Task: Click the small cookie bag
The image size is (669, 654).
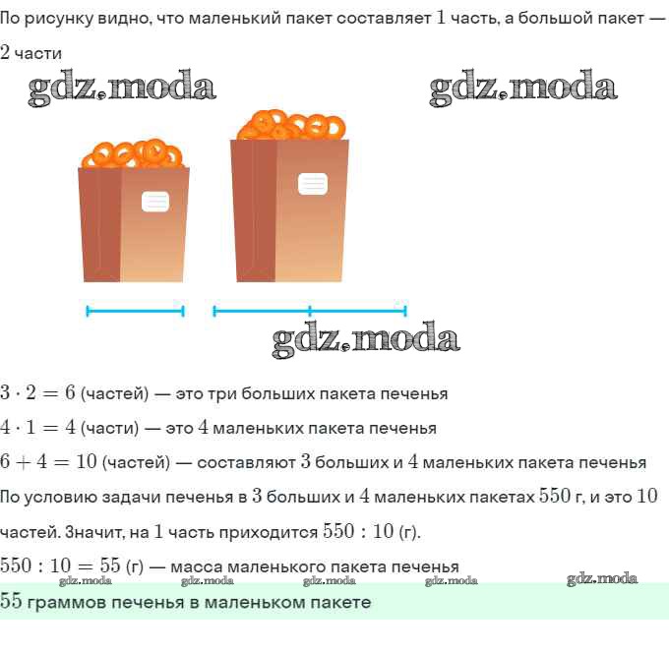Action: point(133,224)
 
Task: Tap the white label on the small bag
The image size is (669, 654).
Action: point(155,202)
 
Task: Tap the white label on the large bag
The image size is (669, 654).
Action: point(313,183)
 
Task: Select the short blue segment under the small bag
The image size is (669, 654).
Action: point(136,312)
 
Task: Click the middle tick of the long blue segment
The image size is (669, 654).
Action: point(310,312)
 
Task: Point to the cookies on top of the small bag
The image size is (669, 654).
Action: point(133,154)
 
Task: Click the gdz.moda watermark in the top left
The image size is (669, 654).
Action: point(122,89)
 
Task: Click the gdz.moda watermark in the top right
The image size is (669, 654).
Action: point(523,89)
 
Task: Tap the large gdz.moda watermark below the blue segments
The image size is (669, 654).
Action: point(366,340)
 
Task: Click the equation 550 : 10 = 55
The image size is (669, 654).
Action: point(59,566)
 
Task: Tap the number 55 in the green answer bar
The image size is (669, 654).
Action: point(12,602)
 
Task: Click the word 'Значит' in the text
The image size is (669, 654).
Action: point(90,532)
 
